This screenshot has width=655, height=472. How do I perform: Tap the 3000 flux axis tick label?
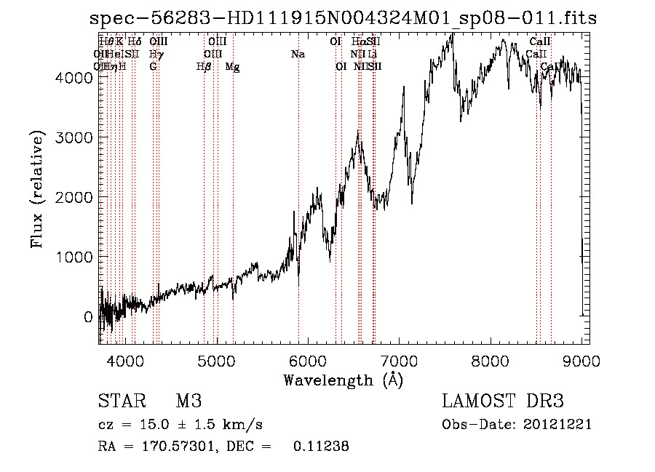(x=75, y=137)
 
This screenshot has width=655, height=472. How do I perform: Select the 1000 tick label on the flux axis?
(x=75, y=257)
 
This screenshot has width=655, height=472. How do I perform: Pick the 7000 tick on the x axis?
(x=399, y=360)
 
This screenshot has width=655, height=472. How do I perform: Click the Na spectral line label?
(x=298, y=55)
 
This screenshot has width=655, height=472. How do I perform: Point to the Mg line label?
(x=232, y=67)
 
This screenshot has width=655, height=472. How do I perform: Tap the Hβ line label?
(x=205, y=67)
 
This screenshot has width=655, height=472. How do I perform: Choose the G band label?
(x=153, y=67)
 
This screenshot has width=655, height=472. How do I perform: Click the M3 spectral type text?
(x=188, y=402)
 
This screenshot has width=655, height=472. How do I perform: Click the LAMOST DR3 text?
(x=503, y=402)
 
